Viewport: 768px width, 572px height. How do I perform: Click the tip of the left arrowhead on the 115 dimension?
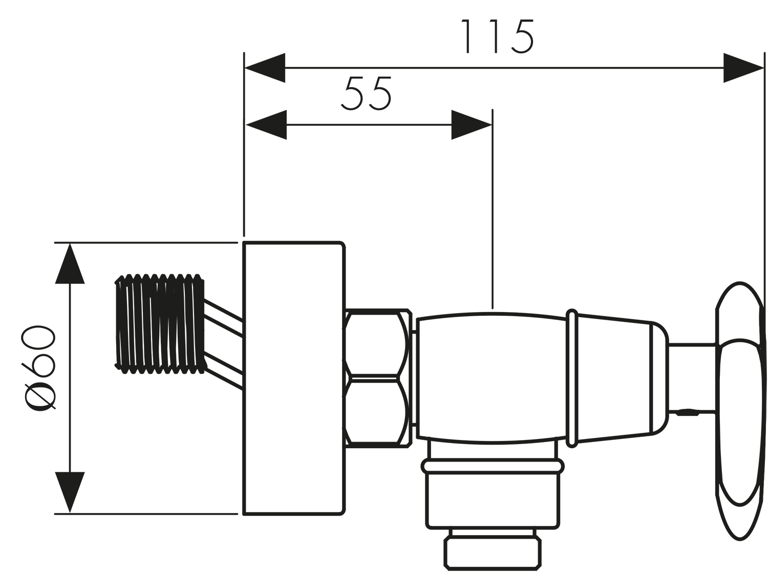click(x=245, y=68)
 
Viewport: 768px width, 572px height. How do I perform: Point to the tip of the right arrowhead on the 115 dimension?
click(x=764, y=68)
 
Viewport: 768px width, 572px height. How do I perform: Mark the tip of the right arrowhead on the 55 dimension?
click(x=492, y=125)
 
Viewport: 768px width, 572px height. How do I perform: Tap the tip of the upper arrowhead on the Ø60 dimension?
click(x=70, y=244)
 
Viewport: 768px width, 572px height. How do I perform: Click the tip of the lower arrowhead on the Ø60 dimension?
click(x=70, y=513)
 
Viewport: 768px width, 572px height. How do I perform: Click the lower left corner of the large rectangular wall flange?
click(x=244, y=514)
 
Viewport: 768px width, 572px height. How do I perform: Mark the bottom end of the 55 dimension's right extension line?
click(x=493, y=309)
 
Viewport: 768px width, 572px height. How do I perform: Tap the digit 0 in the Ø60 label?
click(x=38, y=339)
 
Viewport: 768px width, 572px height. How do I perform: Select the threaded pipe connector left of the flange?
click(x=160, y=324)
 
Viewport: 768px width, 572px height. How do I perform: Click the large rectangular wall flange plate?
click(x=294, y=378)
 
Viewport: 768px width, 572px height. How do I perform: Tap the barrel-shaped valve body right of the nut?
click(x=492, y=378)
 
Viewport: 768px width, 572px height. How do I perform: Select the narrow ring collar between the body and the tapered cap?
click(x=572, y=378)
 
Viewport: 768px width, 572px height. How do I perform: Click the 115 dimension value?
click(x=497, y=36)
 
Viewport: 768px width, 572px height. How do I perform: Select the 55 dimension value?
click(x=366, y=93)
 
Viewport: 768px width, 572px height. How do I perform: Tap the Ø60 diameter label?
click(x=38, y=368)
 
